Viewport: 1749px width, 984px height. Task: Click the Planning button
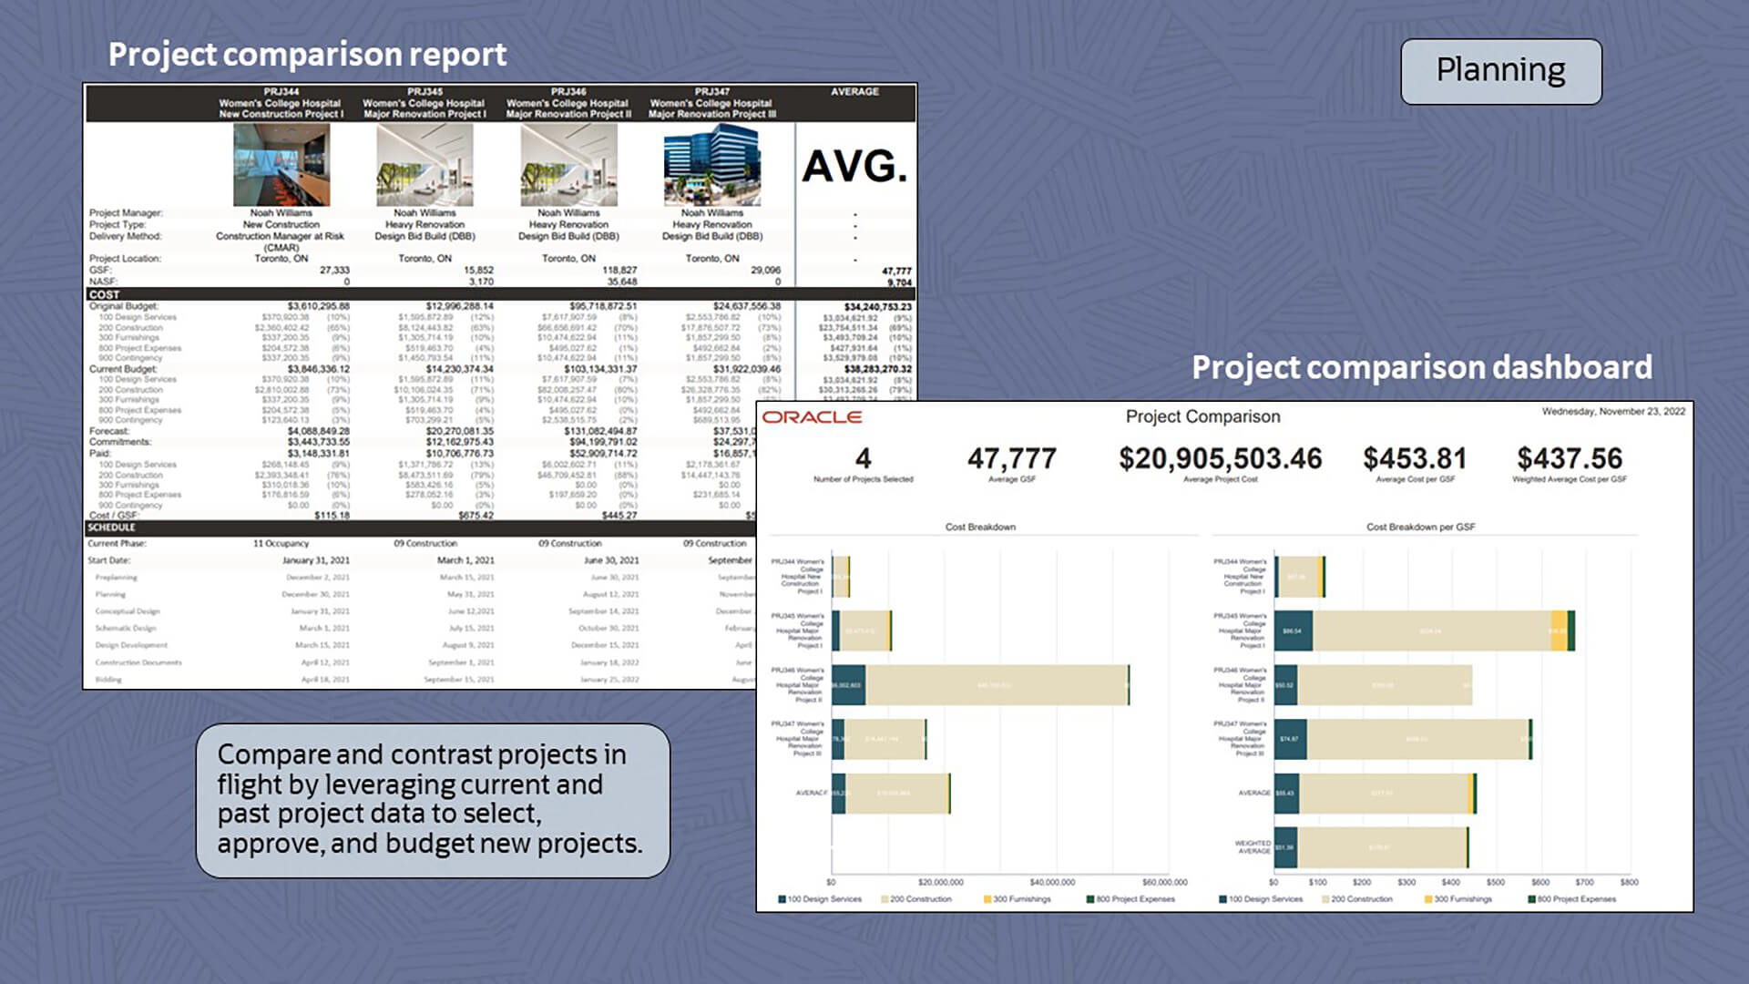(x=1500, y=71)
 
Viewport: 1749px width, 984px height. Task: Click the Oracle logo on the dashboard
(x=812, y=417)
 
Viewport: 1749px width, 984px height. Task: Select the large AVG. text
(x=854, y=167)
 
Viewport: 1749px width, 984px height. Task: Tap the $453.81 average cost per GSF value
(x=1415, y=458)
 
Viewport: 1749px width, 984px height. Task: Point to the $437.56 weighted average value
(x=1570, y=458)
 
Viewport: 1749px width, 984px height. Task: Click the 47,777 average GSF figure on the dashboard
(x=1012, y=458)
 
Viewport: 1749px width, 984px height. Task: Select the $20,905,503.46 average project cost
(x=1220, y=458)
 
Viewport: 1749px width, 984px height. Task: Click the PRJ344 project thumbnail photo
(x=281, y=165)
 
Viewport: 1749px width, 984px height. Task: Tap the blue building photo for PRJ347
(x=711, y=165)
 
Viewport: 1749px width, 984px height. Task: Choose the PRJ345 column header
(x=424, y=103)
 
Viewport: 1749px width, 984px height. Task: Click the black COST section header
(x=104, y=294)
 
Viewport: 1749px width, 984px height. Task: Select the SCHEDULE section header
(x=111, y=528)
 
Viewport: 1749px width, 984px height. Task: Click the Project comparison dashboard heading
(x=1422, y=367)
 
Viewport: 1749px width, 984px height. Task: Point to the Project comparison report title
(x=307, y=55)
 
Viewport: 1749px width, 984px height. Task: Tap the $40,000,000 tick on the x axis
(x=1052, y=882)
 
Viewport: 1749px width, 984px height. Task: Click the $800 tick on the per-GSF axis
(x=1629, y=882)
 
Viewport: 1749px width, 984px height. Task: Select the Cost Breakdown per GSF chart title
(x=1420, y=527)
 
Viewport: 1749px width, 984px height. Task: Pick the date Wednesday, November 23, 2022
(x=1613, y=412)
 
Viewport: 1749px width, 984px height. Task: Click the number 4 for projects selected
(x=863, y=458)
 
